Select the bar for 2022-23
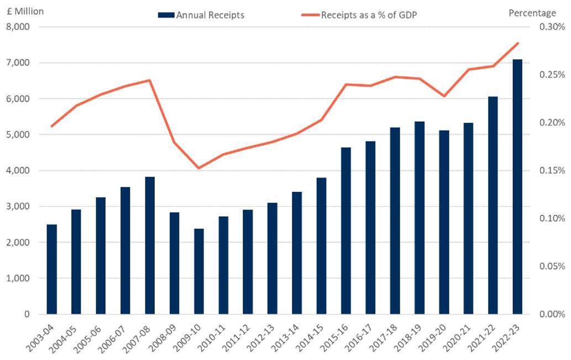(517, 187)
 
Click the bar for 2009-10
(199, 271)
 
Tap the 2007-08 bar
(150, 246)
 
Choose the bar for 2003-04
(51, 269)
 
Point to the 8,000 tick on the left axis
(19, 27)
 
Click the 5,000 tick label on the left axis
(19, 135)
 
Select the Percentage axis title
(532, 13)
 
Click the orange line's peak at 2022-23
(517, 43)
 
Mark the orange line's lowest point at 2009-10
(199, 168)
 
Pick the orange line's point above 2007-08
(150, 80)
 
